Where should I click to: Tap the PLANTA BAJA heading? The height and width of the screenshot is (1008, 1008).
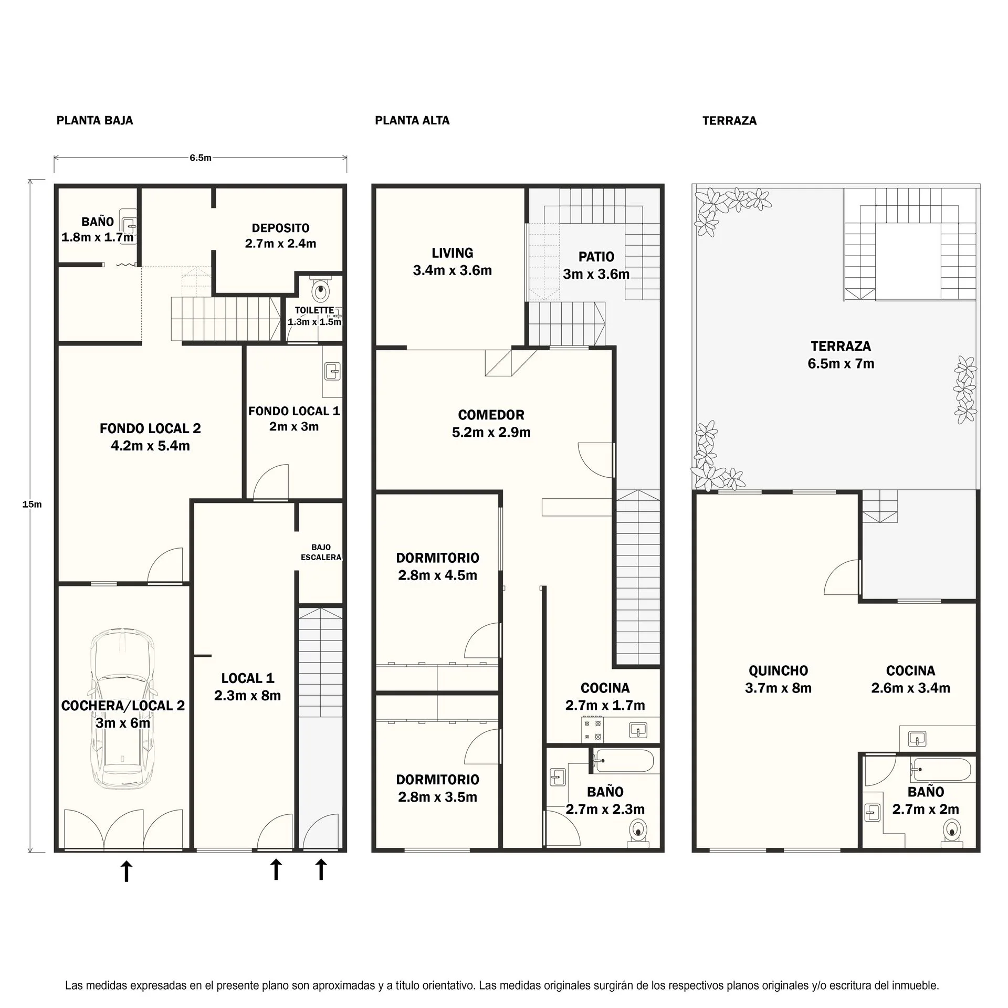(x=95, y=121)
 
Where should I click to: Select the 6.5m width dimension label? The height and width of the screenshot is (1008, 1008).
(x=201, y=158)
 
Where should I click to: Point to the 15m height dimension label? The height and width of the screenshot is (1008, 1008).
(x=32, y=505)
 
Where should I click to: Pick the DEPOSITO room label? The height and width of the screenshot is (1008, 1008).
(x=280, y=228)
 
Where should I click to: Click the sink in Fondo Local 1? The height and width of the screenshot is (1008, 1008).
(x=333, y=371)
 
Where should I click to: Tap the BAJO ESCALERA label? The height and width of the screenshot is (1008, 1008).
(x=321, y=552)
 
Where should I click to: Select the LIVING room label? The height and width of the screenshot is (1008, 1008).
(x=452, y=253)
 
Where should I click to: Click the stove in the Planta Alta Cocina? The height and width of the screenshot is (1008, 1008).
(x=592, y=730)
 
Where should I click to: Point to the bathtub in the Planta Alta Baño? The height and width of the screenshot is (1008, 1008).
(x=623, y=761)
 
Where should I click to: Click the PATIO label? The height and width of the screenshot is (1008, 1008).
(x=596, y=257)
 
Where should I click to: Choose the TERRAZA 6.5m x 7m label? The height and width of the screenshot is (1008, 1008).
(x=841, y=355)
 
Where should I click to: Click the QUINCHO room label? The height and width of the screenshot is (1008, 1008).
(x=778, y=670)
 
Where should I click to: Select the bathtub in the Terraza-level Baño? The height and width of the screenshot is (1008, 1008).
(x=941, y=770)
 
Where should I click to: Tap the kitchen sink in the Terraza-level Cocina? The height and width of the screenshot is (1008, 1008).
(x=917, y=739)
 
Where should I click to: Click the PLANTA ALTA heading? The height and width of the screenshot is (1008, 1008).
(x=412, y=121)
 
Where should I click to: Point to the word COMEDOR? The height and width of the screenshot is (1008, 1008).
(x=491, y=415)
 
